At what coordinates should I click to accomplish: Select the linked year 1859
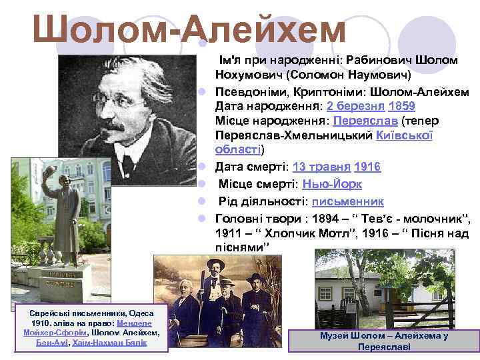(x=403, y=106)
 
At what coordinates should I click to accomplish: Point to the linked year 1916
(x=368, y=167)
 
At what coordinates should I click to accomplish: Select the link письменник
(x=347, y=201)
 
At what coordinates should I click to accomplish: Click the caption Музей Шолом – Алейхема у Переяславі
(x=383, y=341)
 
